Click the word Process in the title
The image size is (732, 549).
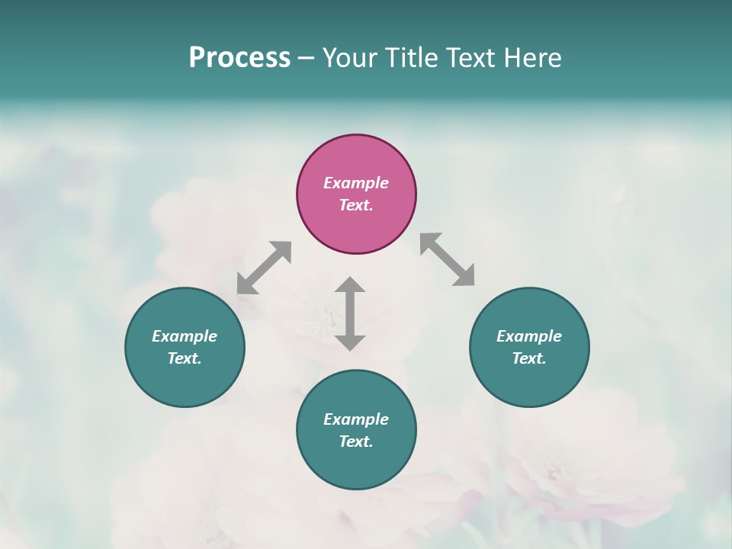point(239,58)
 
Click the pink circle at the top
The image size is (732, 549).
point(356,160)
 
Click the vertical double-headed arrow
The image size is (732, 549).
point(350,313)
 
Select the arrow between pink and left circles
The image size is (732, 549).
point(264,268)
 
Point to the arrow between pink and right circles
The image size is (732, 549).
point(447,259)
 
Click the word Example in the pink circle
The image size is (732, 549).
point(356,183)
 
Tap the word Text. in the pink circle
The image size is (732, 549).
point(356,205)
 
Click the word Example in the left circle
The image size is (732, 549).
point(185,336)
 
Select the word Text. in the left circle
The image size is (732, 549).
point(185,358)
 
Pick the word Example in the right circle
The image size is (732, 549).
point(529,336)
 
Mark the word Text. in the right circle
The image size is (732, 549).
point(529,358)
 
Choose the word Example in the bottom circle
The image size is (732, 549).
point(356,419)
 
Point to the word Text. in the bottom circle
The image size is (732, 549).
point(356,441)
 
